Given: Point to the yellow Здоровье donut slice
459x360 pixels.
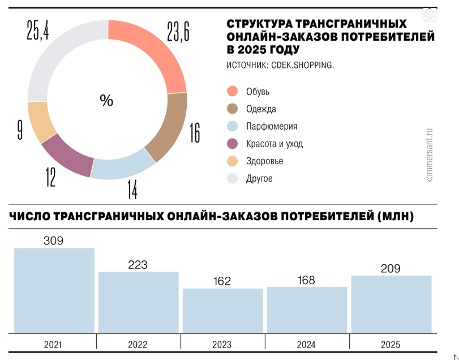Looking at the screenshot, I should coord(41,122).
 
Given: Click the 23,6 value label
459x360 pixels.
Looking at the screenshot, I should coord(177,32).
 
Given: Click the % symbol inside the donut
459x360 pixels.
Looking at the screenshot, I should coord(106,101).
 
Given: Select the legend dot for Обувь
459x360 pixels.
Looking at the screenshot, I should coord(232,92).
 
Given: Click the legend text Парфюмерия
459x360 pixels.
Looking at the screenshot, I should coord(272,126).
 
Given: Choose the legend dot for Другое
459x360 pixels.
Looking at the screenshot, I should coord(232,178).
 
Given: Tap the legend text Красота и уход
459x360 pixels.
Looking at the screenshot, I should coord(274,144).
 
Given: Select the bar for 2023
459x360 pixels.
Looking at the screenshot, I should coord(222,311).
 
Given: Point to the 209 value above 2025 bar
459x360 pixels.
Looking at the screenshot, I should coord(391,268).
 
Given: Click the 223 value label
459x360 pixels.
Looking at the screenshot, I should coord(138,264).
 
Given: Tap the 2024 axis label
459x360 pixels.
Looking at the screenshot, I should coord(307,344).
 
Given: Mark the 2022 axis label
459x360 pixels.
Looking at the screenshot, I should coord(138,344).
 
